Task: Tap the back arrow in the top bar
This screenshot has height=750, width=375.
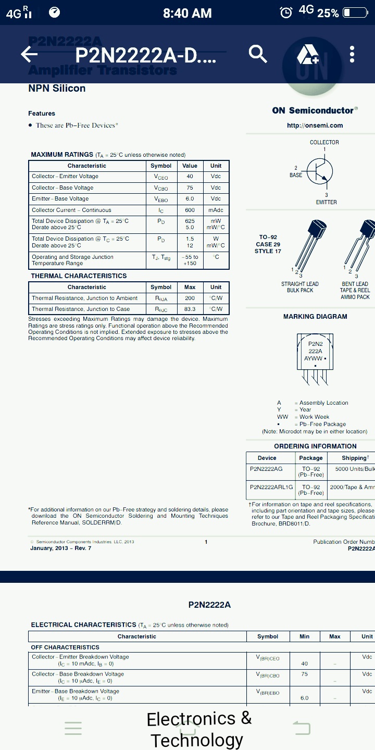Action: (29, 54)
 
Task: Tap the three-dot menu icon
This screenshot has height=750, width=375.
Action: (352, 54)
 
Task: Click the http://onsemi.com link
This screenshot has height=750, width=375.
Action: (315, 125)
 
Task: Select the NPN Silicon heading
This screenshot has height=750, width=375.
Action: (57, 88)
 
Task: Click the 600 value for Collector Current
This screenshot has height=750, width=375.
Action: (190, 210)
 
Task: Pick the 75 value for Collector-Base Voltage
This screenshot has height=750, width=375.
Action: (190, 187)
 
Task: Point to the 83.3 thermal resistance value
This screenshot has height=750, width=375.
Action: (190, 309)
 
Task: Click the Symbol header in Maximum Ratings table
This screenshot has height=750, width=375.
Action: (161, 166)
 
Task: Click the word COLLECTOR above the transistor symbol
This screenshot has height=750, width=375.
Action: (324, 142)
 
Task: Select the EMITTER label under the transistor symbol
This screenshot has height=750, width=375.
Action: (326, 202)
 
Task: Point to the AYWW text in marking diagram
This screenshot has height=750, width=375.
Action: (314, 358)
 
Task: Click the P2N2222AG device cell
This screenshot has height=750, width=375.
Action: (266, 469)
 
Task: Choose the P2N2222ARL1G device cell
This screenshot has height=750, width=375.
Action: (271, 487)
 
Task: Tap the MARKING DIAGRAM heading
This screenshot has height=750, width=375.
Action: (315, 316)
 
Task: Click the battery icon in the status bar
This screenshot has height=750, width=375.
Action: (355, 13)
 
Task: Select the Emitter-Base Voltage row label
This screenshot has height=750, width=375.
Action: (60, 198)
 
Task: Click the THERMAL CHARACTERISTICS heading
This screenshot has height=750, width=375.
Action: (79, 276)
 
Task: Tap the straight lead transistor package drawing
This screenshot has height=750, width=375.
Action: (308, 245)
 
